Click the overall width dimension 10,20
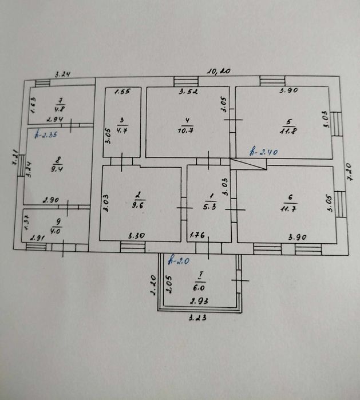(218, 72)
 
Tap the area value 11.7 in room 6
(290, 205)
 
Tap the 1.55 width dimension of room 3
(122, 92)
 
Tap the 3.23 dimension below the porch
(198, 318)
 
